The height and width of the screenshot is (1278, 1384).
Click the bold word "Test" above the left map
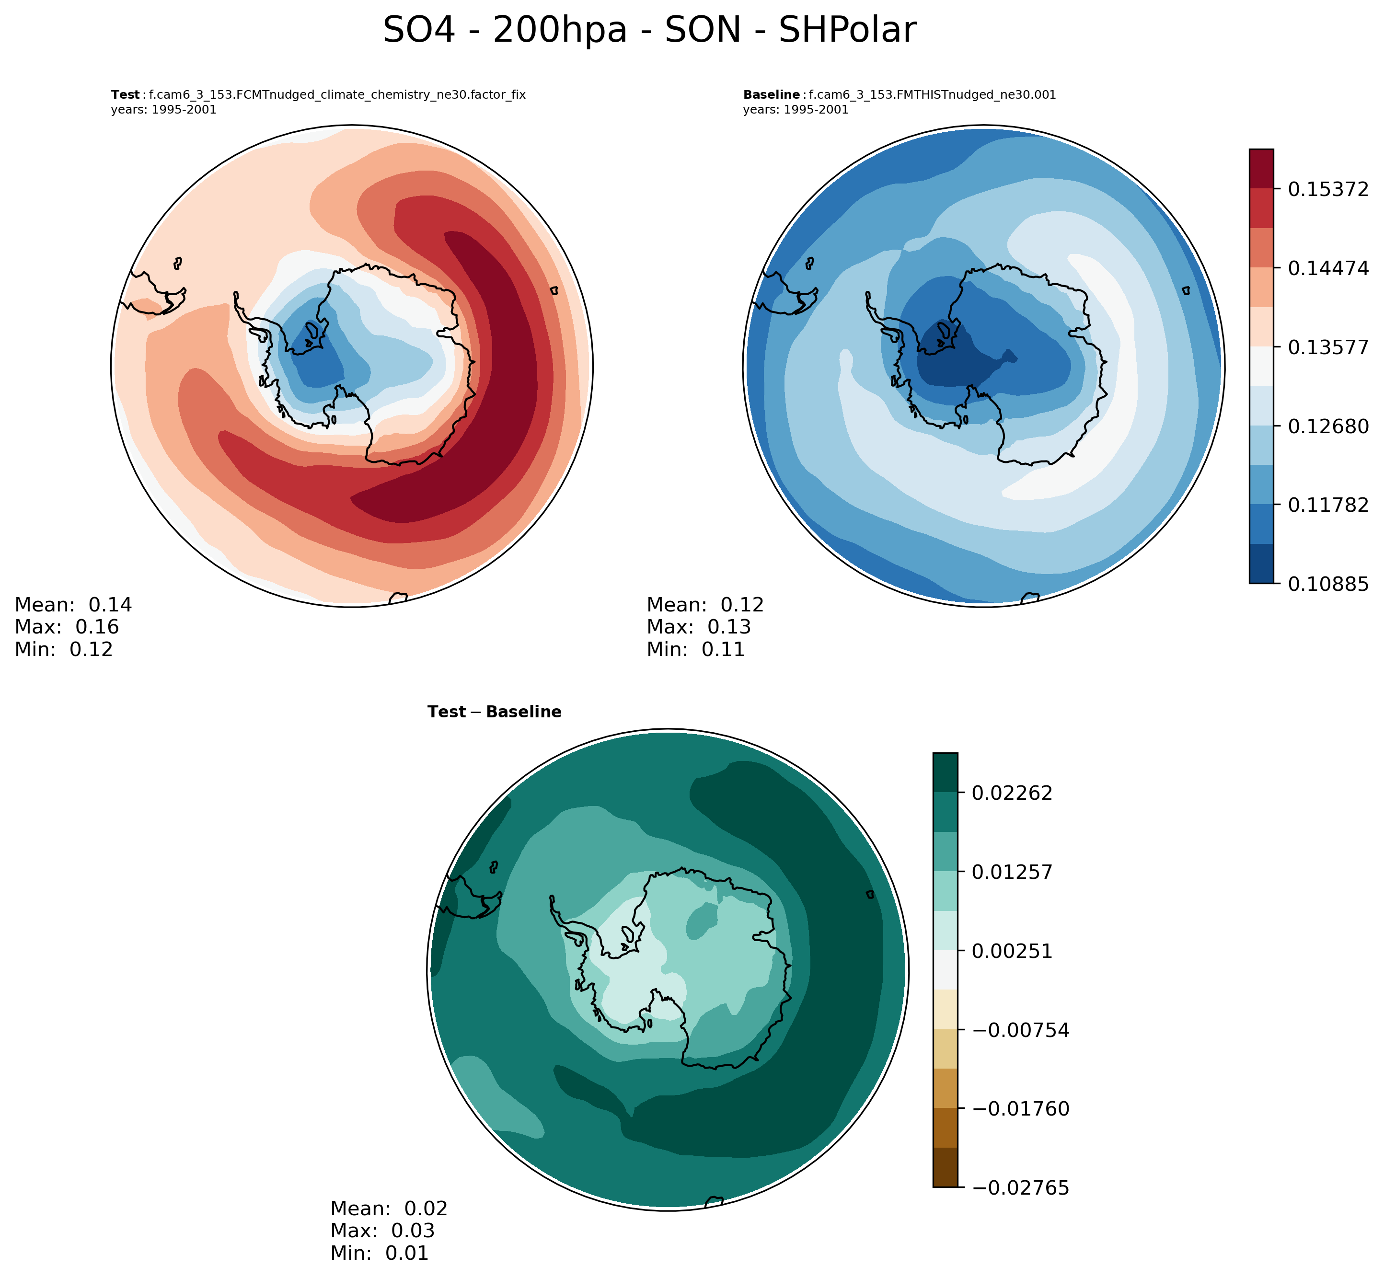point(125,95)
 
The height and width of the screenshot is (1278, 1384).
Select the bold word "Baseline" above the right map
point(771,95)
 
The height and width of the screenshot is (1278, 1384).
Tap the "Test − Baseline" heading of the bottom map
point(494,712)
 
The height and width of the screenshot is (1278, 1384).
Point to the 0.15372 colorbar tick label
point(1327,189)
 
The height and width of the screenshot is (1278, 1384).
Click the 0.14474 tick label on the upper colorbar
point(1327,268)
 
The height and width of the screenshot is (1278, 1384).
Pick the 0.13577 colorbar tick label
point(1327,347)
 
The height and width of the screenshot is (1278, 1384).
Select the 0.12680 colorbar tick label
point(1327,426)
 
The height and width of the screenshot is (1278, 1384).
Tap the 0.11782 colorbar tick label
point(1327,505)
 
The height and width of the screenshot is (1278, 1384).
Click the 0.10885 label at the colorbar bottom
point(1327,584)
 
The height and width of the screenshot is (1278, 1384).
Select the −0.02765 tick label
point(1020,1188)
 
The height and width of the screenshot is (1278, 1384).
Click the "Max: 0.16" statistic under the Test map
point(67,627)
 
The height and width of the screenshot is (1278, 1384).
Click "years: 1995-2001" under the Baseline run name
point(796,110)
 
